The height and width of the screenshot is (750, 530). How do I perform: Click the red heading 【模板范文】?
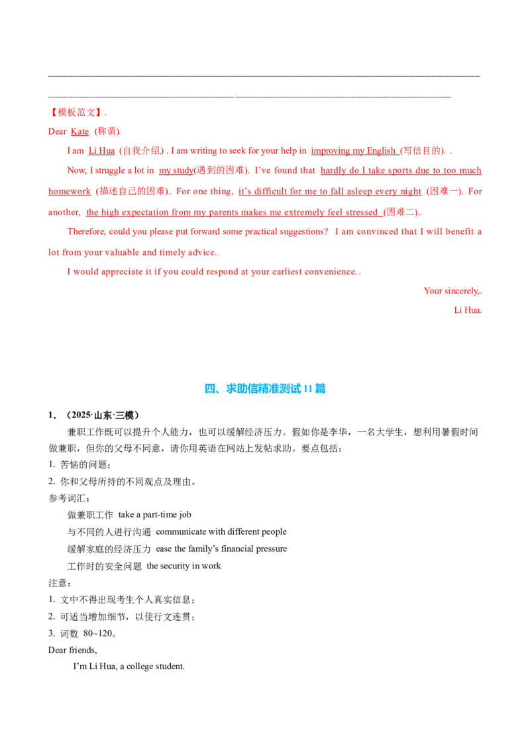point(76,113)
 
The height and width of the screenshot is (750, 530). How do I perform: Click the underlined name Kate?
point(80,132)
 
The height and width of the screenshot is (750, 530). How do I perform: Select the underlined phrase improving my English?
point(354,150)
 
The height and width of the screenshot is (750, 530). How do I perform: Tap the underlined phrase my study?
point(176,170)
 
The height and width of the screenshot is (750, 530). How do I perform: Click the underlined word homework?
point(70,191)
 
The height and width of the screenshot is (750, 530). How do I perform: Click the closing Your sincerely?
point(452,291)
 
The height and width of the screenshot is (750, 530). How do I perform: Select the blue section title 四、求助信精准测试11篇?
point(265,388)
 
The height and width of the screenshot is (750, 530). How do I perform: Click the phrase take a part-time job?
point(154,515)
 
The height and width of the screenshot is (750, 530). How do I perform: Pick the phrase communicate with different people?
point(221,532)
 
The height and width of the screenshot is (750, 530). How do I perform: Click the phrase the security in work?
point(184,566)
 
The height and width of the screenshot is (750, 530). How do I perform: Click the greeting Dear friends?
point(72,650)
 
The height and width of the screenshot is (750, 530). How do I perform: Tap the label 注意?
point(58,583)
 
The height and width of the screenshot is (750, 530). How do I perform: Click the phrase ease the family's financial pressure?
point(221,549)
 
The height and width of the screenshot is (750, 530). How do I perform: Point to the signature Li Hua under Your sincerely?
point(467,310)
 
